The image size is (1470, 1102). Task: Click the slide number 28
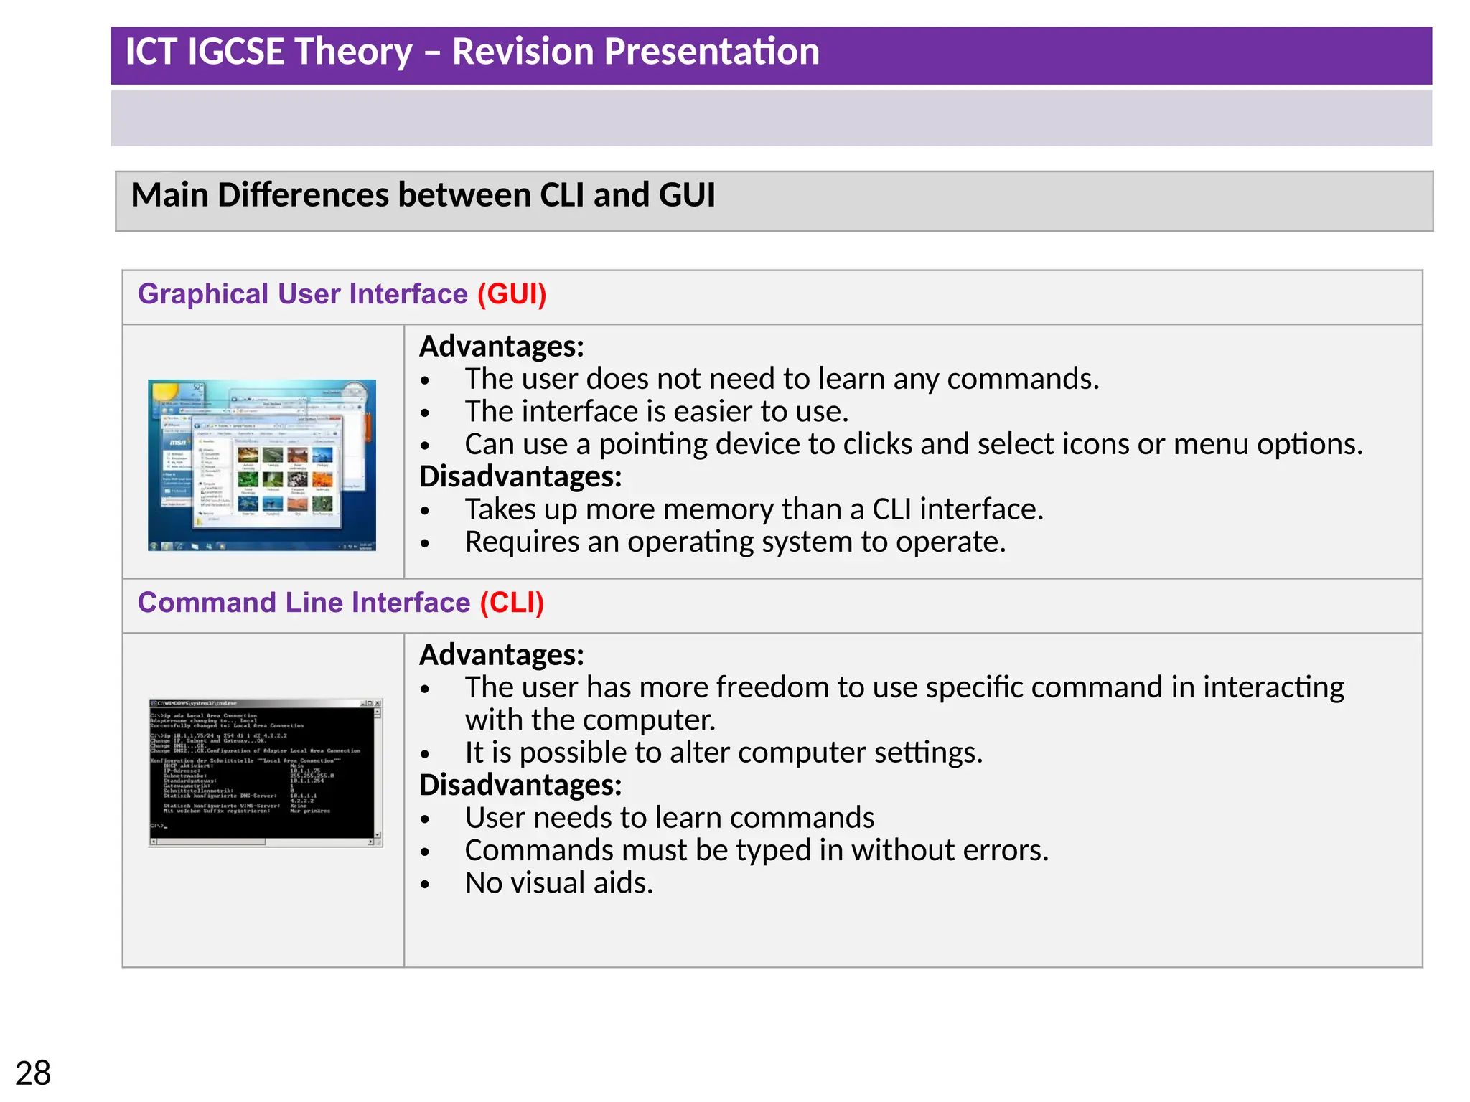(x=33, y=1073)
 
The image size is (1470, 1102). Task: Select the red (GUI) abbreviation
(x=512, y=294)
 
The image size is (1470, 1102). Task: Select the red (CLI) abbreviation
(x=512, y=603)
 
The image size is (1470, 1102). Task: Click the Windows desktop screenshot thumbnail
(x=262, y=465)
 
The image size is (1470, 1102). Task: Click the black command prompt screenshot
(x=265, y=772)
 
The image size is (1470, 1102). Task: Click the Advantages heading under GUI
(x=501, y=347)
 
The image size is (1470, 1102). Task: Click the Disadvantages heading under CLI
(x=520, y=785)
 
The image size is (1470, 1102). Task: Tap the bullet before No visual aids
(x=426, y=885)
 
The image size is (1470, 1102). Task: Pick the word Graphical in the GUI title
(x=203, y=294)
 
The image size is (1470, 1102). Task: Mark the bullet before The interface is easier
(x=426, y=413)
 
